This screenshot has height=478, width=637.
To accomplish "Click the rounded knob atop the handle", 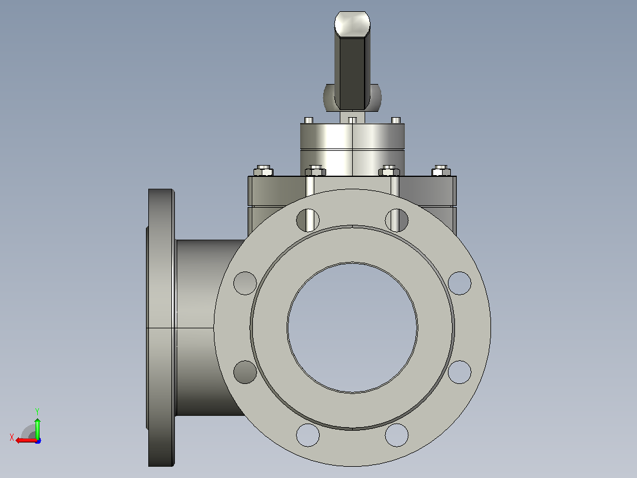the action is coord(352,23).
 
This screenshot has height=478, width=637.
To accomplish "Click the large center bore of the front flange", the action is coord(352,328).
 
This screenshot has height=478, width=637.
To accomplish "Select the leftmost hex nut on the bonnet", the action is coord(264,170).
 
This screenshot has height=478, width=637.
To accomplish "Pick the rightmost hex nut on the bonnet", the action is coord(441,170).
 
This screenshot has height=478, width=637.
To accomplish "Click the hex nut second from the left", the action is coord(316,170).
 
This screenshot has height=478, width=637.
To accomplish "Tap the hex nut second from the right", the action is coord(389,170).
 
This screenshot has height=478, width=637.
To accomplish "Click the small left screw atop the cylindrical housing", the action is coord(308,121).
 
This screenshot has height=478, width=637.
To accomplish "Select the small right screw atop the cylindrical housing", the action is coord(396,121).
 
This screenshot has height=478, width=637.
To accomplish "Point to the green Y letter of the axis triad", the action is coord(37,412).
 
